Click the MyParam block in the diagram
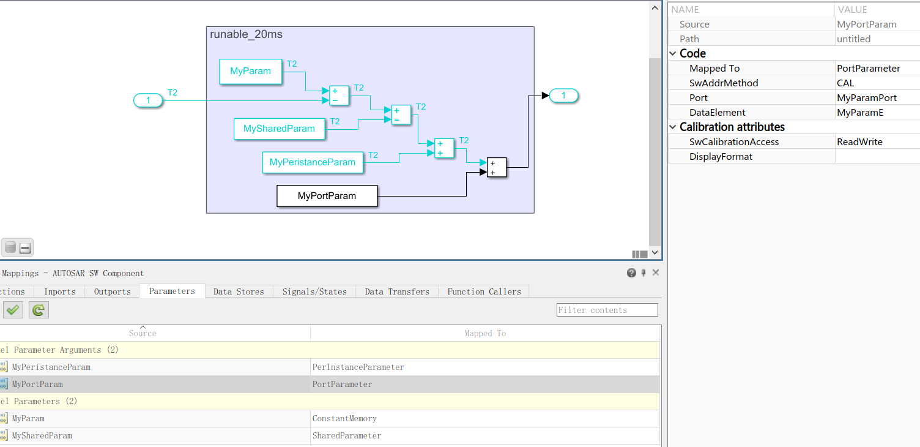coord(250,72)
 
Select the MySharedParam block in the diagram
coord(279,129)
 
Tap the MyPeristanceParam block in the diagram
coord(312,163)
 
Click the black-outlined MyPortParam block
coord(327,197)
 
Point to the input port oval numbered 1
coord(148,101)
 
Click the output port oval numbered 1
coord(563,96)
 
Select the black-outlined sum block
coord(497,168)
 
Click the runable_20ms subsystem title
coord(246,34)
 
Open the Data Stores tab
coord(239,291)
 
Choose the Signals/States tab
coord(314,291)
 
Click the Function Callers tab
coord(484,291)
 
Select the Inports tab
coord(60,291)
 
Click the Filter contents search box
coord(607,310)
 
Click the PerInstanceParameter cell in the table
coord(358,367)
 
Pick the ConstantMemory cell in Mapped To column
coord(344,419)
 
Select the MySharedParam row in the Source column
coord(42,436)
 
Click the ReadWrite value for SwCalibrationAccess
coord(859,142)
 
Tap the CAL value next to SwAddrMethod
coord(845,83)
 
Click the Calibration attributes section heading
coord(732,127)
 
